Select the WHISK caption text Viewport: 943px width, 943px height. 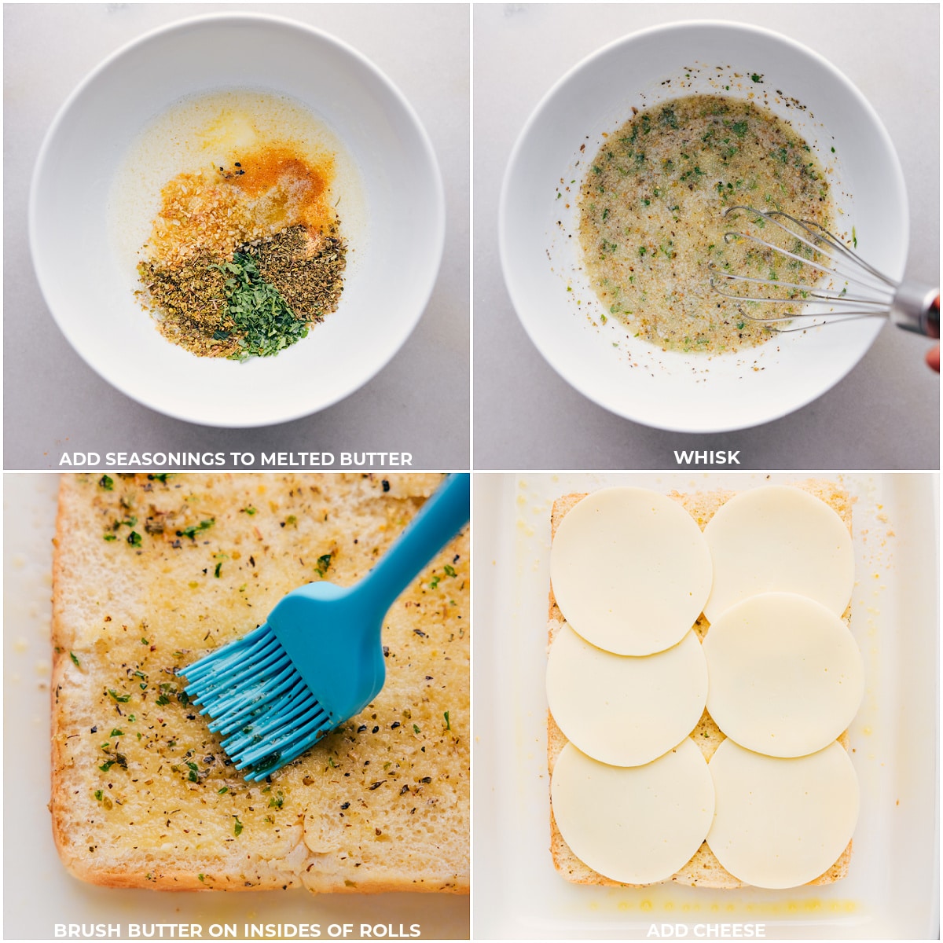click(706, 457)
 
